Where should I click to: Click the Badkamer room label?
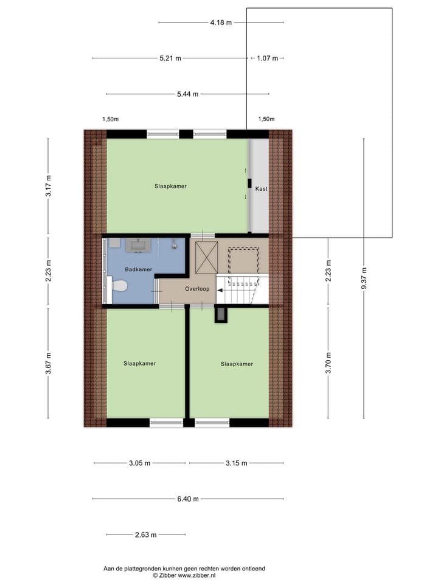(x=138, y=269)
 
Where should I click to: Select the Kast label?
(x=261, y=189)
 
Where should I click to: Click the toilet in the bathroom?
(x=119, y=285)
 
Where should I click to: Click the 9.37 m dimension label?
(x=364, y=279)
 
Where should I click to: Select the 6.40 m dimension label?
(x=187, y=499)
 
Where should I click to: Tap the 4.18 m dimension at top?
(x=221, y=23)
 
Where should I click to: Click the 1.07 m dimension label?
(x=267, y=58)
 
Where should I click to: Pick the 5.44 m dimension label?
(x=187, y=94)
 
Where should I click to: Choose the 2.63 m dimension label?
(x=145, y=535)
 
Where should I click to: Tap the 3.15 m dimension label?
(x=235, y=463)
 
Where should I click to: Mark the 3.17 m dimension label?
(x=49, y=185)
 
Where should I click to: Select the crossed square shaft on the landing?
(x=205, y=258)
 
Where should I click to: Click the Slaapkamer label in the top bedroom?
(x=170, y=186)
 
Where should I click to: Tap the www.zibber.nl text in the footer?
(x=197, y=575)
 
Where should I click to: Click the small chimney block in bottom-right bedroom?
(x=220, y=314)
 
